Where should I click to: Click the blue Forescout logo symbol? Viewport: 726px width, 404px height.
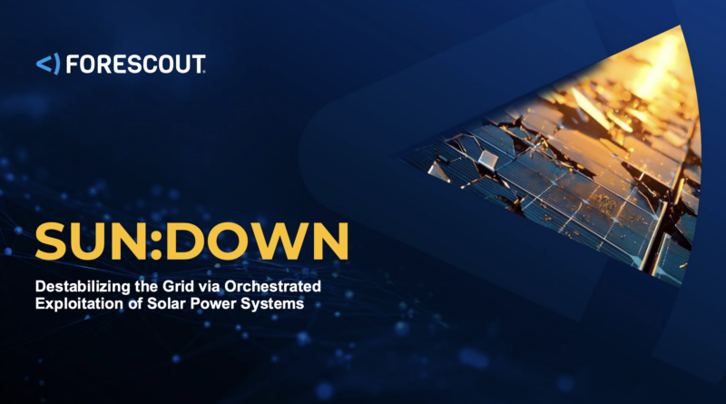[48, 64]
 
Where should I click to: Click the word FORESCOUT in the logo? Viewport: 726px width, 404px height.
[135, 64]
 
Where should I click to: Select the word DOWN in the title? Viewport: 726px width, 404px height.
[257, 241]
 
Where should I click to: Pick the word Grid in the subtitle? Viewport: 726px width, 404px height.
[178, 286]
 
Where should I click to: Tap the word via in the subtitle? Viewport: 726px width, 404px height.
[209, 286]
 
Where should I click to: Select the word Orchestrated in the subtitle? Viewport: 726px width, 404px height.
[273, 286]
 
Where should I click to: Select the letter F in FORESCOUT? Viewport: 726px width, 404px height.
[73, 64]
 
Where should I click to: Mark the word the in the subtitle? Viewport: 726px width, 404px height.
[146, 286]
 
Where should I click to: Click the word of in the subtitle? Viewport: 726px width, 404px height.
[135, 303]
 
